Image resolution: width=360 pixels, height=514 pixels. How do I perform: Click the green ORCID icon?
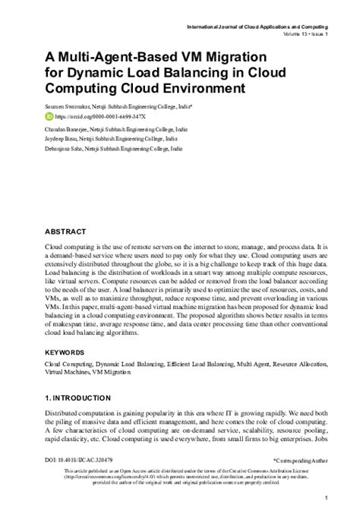tap(50, 118)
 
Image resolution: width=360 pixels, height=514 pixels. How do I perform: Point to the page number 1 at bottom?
tap(325, 498)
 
